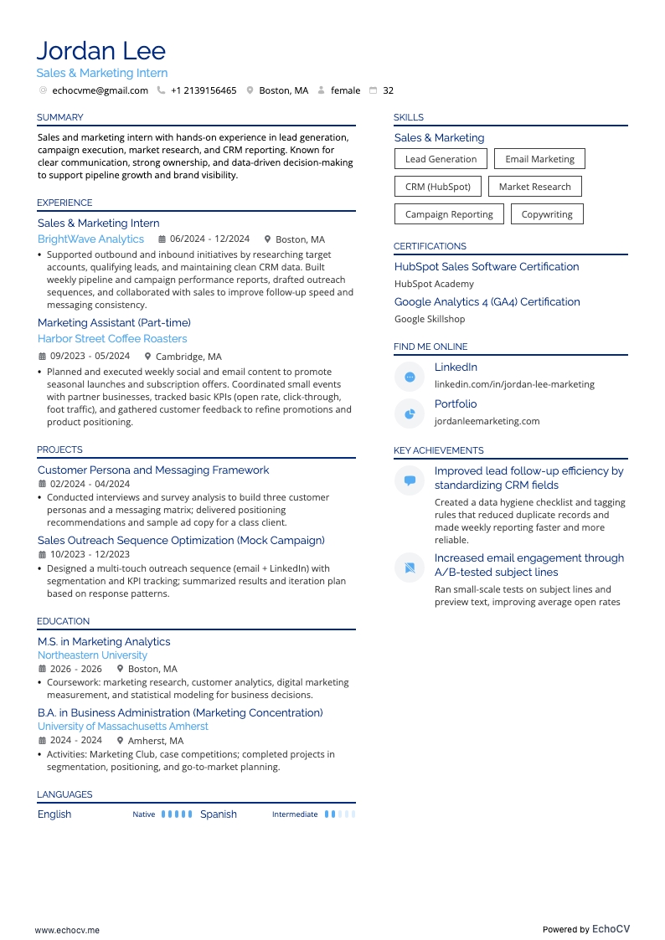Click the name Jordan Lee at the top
tap(101, 51)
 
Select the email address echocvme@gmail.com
tap(100, 90)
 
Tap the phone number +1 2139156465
tap(204, 90)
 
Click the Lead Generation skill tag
tap(441, 159)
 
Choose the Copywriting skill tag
tap(547, 214)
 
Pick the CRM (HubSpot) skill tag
tap(437, 187)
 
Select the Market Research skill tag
tap(534, 187)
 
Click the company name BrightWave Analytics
tap(90, 239)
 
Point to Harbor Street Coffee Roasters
tap(112, 339)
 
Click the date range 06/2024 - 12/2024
tap(209, 239)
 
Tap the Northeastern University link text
tap(92, 655)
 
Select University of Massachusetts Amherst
tap(123, 727)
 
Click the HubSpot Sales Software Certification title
tap(487, 267)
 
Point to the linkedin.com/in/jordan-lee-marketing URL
tap(514, 384)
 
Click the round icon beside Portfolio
tap(410, 413)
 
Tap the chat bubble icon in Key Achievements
tap(410, 480)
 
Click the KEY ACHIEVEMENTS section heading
tap(438, 450)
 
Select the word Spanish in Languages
tap(219, 814)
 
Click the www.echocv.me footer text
tap(67, 929)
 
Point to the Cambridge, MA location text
tap(188, 356)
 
